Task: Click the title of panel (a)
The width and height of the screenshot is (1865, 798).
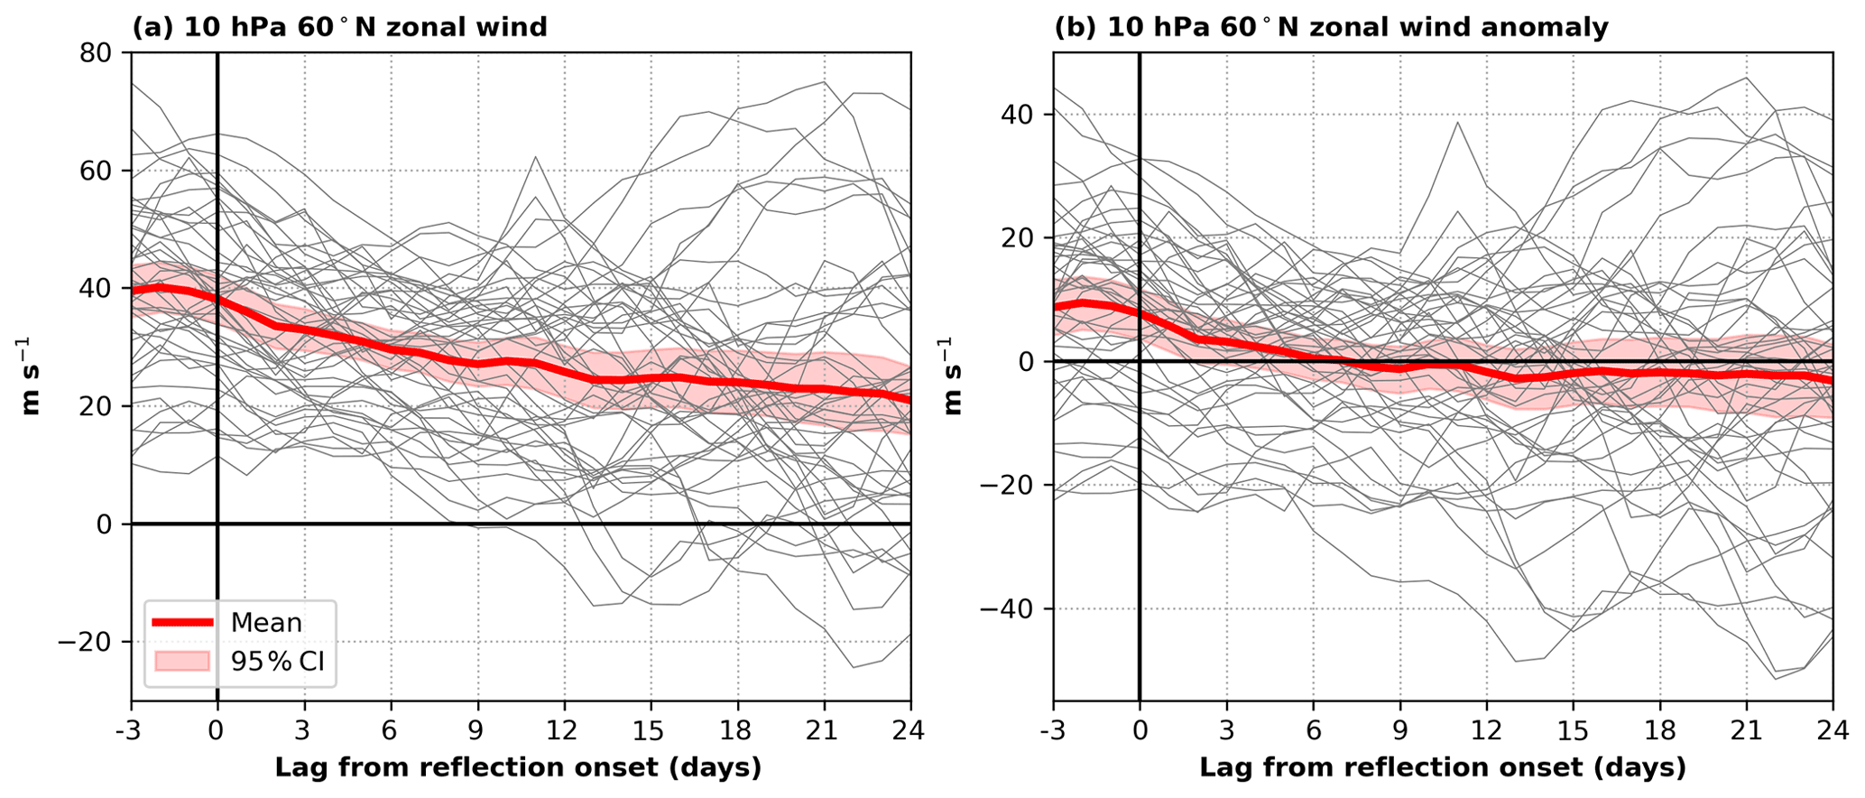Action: pos(340,27)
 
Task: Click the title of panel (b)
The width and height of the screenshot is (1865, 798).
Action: pos(1331,27)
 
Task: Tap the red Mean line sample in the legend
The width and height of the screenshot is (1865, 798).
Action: pos(183,622)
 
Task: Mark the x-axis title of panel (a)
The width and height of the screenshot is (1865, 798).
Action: pos(518,768)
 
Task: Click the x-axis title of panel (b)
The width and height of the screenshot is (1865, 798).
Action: pos(1442,768)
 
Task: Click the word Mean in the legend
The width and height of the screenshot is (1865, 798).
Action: pos(266,623)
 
